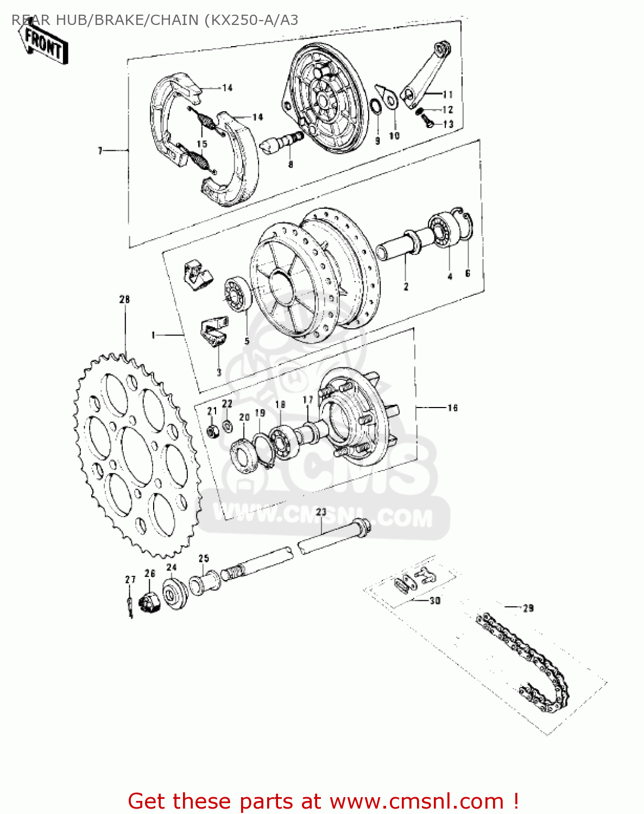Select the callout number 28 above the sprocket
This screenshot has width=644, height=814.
pyautogui.click(x=125, y=300)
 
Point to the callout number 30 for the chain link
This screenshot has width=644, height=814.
pyautogui.click(x=435, y=601)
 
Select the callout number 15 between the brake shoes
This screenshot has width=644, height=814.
pyautogui.click(x=202, y=144)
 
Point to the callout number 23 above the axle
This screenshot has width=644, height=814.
pyautogui.click(x=321, y=512)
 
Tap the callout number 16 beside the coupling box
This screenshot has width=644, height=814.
pyautogui.click(x=453, y=408)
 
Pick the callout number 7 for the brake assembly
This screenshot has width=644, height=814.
pyautogui.click(x=100, y=150)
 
